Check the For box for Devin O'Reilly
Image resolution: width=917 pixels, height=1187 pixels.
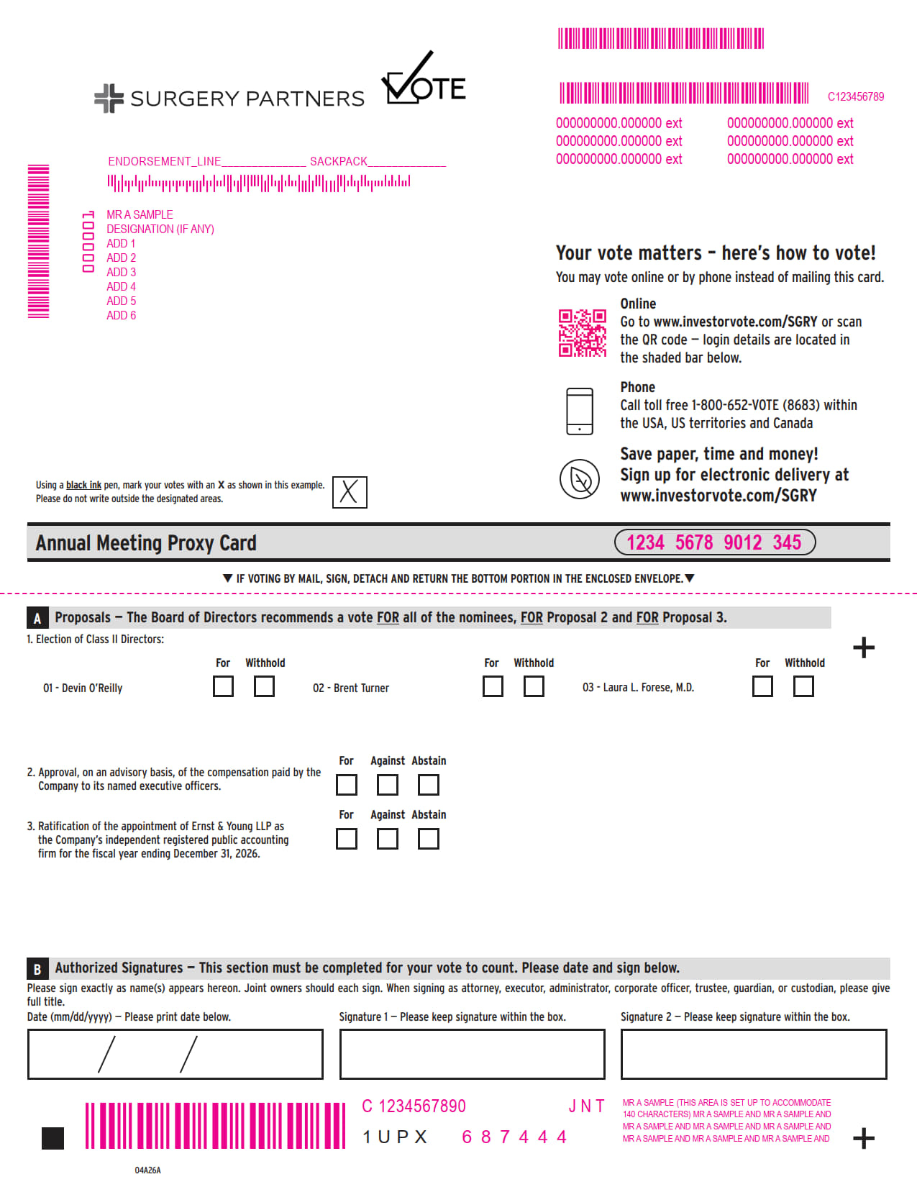point(223,686)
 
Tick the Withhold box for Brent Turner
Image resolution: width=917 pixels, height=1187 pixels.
point(534,686)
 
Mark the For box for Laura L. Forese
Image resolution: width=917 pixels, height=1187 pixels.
point(762,686)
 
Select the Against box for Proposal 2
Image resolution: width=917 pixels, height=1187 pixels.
point(387,784)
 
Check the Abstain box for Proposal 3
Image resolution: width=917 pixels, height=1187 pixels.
point(428,839)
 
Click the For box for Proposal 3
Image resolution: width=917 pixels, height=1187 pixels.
point(346,839)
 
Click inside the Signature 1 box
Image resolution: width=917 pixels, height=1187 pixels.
point(472,1054)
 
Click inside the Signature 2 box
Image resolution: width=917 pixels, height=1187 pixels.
point(753,1054)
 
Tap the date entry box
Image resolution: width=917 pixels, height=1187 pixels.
point(175,1054)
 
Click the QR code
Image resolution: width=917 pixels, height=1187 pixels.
point(582,332)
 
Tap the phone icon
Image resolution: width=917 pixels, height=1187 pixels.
point(580,411)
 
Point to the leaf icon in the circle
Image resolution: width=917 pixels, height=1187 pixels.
point(580,478)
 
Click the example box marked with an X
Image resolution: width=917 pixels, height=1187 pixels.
point(350,491)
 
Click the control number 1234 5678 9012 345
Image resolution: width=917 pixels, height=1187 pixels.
point(714,542)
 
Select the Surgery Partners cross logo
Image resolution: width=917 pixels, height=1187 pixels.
point(109,99)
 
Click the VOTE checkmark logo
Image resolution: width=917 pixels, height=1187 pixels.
point(424,78)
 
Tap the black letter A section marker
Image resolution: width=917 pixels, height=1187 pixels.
point(37,617)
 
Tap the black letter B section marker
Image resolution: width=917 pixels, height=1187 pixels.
point(37,968)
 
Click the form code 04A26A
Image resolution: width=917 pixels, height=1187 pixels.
point(147,1170)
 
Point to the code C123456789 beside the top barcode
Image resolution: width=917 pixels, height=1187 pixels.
point(855,96)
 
